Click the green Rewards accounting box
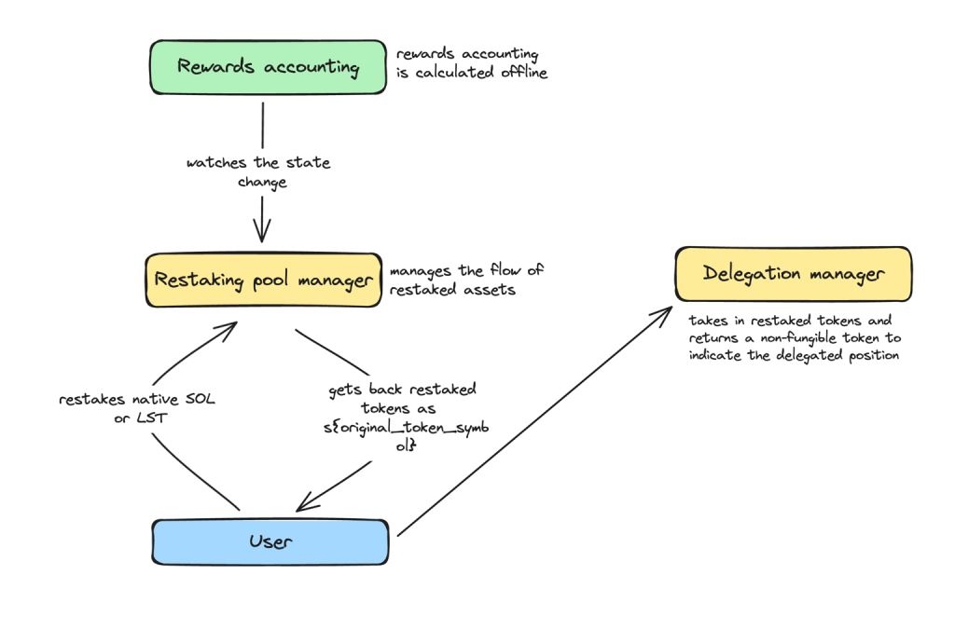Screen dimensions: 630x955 click(269, 67)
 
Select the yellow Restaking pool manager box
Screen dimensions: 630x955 click(264, 280)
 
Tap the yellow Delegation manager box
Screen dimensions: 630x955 click(793, 274)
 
